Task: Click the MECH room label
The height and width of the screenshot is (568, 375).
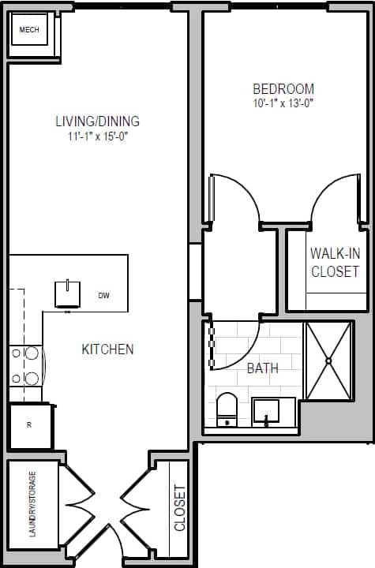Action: [29, 31]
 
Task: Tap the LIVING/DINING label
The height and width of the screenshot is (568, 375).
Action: [97, 121]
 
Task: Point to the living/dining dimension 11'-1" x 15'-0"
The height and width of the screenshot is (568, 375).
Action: [97, 136]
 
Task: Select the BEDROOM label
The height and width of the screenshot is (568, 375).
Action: [283, 89]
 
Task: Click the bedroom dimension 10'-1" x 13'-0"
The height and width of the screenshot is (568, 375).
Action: [283, 103]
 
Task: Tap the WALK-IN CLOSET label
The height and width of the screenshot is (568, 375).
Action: [334, 263]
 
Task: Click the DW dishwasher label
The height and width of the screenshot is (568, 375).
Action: [103, 296]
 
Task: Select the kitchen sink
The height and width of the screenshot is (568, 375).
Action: [68, 293]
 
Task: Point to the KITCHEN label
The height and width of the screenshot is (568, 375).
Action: [107, 349]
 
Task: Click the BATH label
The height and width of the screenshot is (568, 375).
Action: [262, 368]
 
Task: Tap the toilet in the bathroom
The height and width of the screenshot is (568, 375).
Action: [227, 409]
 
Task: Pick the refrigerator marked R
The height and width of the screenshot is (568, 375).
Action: [29, 426]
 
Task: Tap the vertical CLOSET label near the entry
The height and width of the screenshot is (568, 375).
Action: [179, 507]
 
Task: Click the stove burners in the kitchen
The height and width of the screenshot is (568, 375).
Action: [25, 367]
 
